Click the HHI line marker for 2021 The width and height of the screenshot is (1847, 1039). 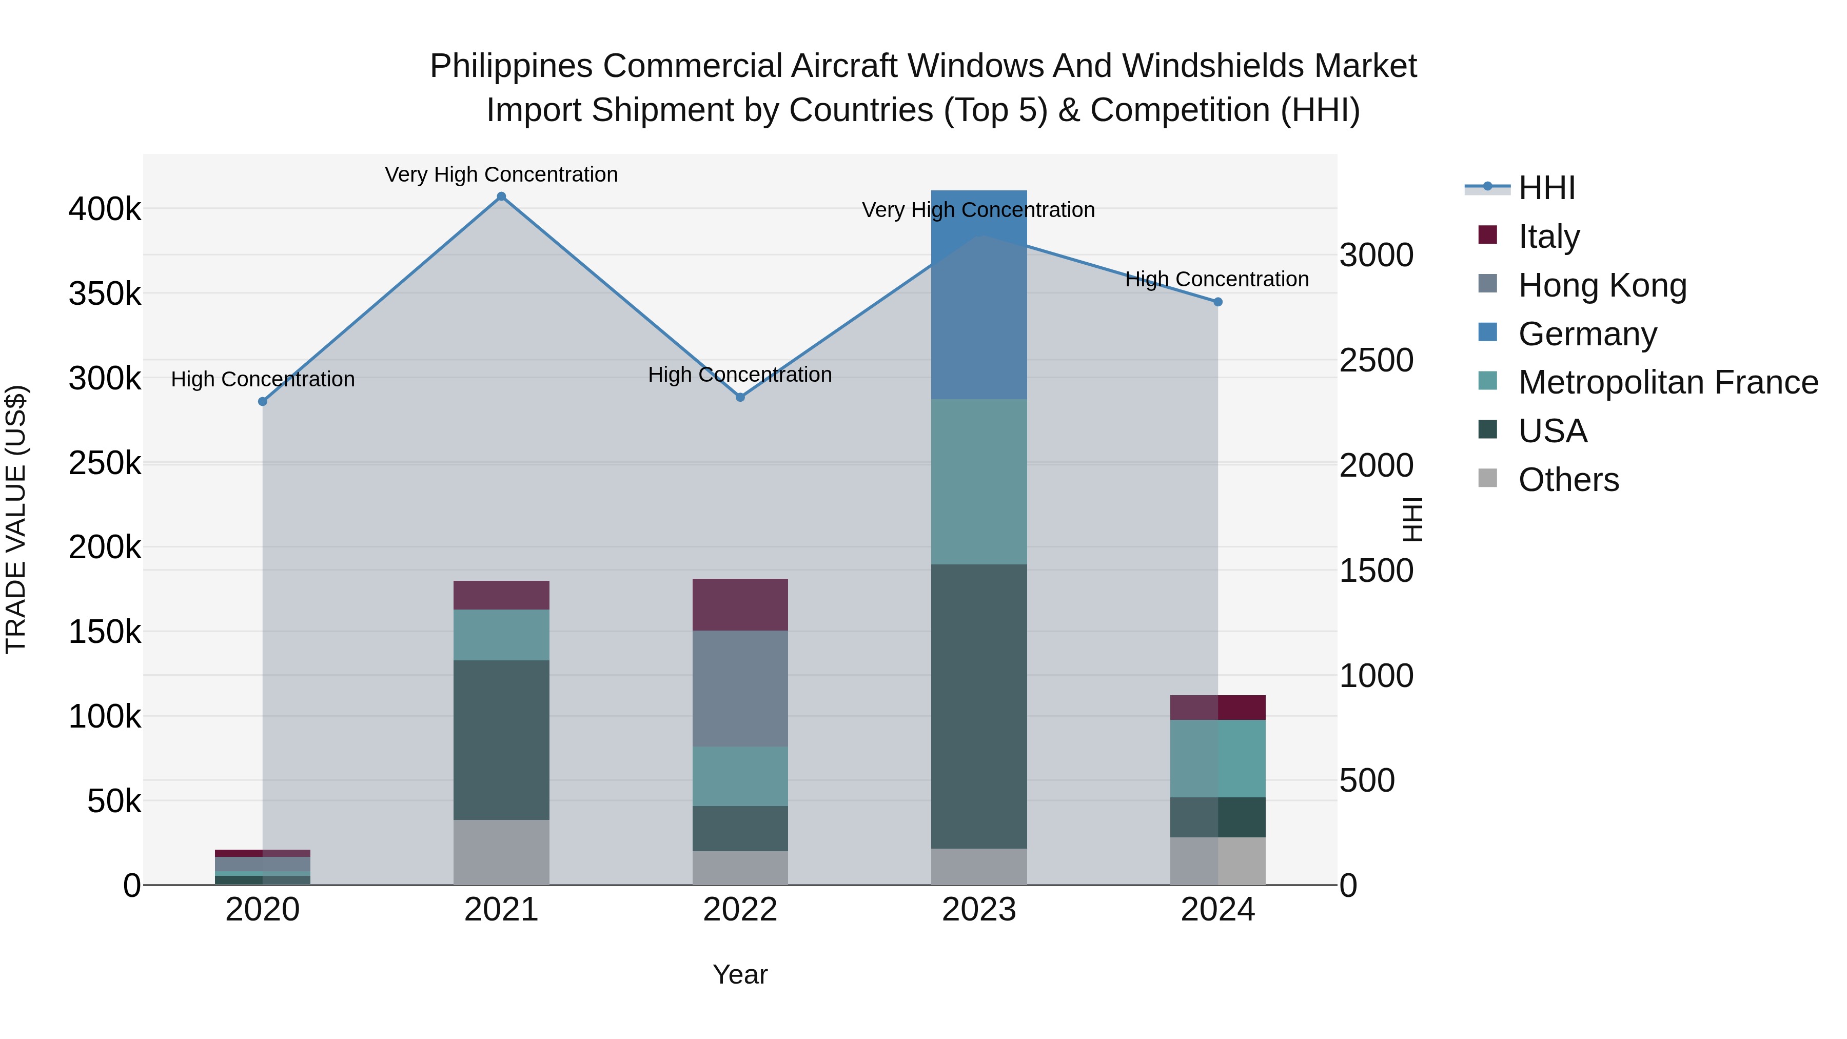coord(501,197)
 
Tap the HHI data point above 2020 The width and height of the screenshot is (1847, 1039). coord(262,402)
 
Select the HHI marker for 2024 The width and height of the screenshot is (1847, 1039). coord(1217,302)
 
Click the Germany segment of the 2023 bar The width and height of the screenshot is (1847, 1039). coord(979,294)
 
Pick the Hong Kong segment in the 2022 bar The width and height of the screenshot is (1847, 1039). coord(740,689)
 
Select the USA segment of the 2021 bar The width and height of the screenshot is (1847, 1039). coord(501,739)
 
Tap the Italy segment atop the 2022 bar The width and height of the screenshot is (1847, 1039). coord(740,604)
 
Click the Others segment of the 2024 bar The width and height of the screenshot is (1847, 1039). coord(1217,860)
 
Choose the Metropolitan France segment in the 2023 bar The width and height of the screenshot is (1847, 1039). coord(979,481)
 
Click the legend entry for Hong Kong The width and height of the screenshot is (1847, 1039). coord(1602,285)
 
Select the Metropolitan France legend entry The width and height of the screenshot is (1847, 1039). coord(1668,382)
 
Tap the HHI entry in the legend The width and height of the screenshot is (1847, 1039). coord(1546,188)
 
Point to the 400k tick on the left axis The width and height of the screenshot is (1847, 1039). coord(105,209)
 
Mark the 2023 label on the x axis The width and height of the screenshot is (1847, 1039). coord(979,910)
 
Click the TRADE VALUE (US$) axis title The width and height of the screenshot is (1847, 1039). coord(16,519)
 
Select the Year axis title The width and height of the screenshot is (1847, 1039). coord(740,974)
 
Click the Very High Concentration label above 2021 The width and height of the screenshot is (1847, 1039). coord(501,174)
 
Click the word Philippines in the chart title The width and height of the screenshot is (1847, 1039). coord(510,66)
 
